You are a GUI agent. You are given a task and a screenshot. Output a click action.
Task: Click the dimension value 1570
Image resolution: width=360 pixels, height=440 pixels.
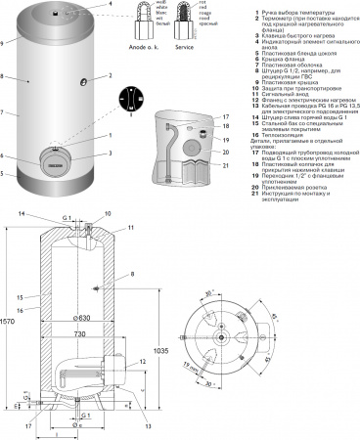9,323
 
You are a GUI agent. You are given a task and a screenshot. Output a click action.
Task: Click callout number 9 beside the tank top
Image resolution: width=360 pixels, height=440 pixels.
4,42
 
